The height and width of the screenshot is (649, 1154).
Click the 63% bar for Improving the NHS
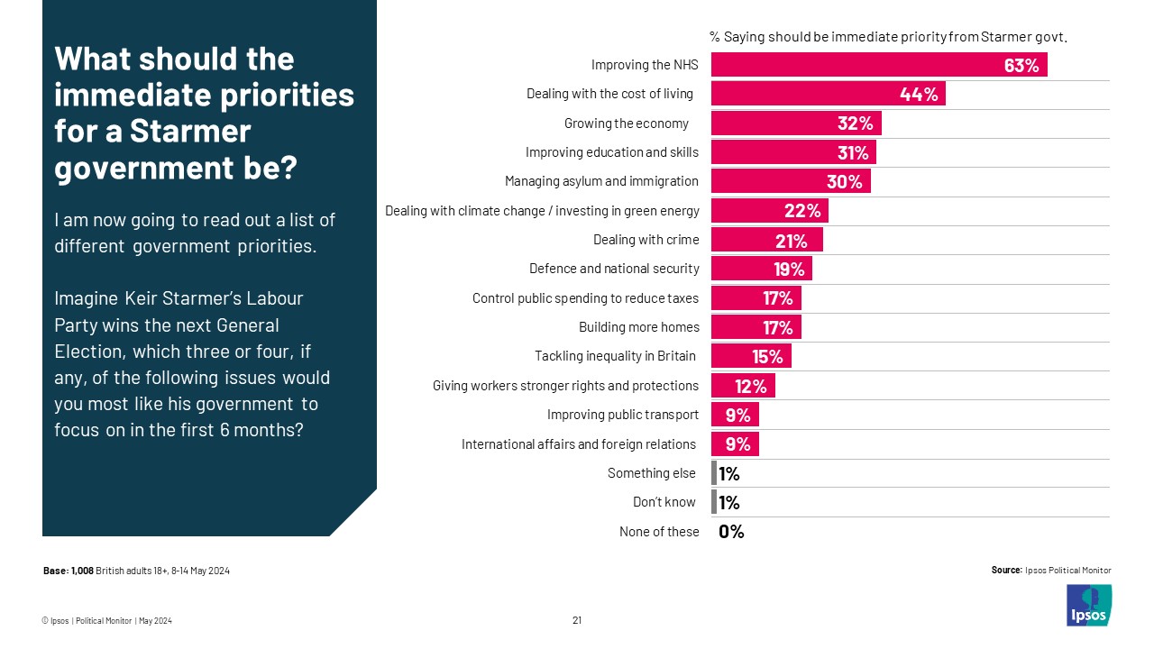878,65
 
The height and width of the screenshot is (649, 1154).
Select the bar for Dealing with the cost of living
828,94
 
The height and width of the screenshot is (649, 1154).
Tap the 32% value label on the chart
855,123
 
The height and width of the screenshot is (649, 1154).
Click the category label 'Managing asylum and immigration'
601,181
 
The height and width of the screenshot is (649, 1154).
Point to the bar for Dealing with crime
766,240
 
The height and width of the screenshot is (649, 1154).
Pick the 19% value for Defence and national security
790,269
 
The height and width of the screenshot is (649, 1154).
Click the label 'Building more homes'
638,326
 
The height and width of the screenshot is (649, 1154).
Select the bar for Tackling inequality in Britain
751,356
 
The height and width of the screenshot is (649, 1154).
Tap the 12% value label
750,387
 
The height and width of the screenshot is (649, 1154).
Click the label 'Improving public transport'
622,415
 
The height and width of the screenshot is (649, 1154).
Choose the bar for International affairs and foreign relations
735,444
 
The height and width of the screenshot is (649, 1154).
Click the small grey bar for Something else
714,473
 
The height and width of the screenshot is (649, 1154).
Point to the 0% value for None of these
731,532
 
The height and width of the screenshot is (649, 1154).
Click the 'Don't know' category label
665,502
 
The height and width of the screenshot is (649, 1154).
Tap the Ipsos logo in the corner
1089,605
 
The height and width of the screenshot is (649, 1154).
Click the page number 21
577,620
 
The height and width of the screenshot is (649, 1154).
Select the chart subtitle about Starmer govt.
889,37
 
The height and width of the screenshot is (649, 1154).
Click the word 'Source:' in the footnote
1006,570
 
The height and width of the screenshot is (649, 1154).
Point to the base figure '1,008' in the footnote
82,571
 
